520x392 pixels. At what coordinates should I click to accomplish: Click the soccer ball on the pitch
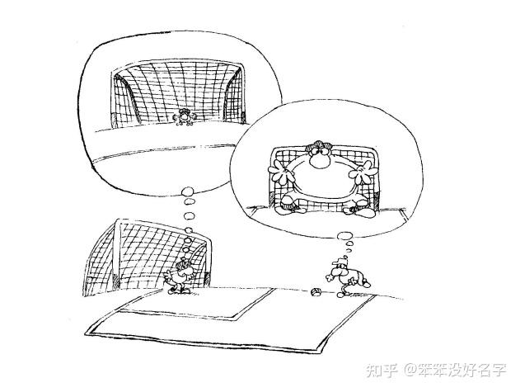316,290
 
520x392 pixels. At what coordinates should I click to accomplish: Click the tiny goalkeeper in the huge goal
184,118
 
